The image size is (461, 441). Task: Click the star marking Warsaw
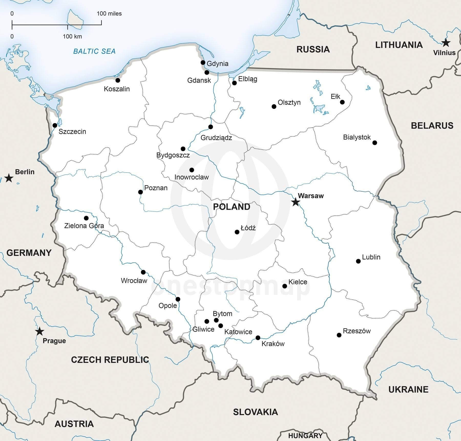[x=296, y=202]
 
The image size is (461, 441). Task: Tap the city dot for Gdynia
[x=203, y=62]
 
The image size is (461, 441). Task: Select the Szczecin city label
[x=72, y=132]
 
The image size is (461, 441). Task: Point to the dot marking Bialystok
[x=375, y=143]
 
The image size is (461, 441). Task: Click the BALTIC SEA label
[x=94, y=51]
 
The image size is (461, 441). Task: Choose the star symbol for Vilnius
[x=446, y=43]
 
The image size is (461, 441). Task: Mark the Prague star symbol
[x=39, y=331]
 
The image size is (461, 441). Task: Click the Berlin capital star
[x=9, y=178]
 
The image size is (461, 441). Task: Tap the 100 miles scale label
[x=109, y=14]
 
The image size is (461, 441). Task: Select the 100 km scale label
[x=72, y=37]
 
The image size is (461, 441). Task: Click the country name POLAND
[x=232, y=207]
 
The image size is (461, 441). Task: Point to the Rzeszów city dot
[x=339, y=335]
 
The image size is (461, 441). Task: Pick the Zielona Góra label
[x=84, y=226]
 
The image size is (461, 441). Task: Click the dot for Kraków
[x=258, y=338]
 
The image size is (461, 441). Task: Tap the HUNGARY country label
[x=305, y=436]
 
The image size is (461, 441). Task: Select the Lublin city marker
[x=358, y=261]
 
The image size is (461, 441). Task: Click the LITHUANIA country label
[x=399, y=45]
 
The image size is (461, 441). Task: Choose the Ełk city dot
[x=342, y=102]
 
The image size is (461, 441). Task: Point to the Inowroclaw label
[x=192, y=177]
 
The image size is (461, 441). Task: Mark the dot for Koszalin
[x=118, y=80]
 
